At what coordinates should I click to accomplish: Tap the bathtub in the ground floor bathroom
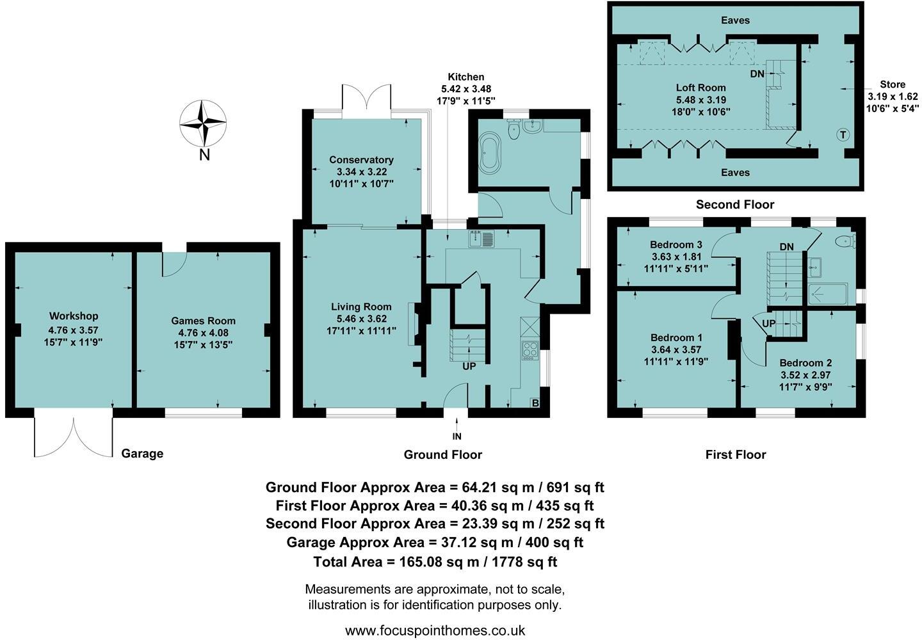[490, 154]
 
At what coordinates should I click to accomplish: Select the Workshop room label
[74, 316]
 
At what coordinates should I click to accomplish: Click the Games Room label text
[203, 321]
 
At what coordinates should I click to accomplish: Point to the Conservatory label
[361, 160]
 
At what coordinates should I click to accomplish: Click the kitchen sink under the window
[481, 239]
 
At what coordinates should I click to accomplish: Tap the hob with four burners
[531, 349]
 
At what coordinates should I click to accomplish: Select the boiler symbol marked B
[535, 403]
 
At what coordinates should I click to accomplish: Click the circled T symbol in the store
[843, 134]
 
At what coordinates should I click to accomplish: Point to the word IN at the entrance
[457, 436]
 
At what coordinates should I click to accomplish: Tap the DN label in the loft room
[757, 74]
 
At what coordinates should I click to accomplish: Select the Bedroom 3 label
[675, 244]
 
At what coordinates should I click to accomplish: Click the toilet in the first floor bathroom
[846, 241]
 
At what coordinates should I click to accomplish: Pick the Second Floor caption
[735, 205]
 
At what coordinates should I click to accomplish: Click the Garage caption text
[142, 454]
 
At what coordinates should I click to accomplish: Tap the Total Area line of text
[435, 562]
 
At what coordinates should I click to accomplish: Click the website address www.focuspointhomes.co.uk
[435, 630]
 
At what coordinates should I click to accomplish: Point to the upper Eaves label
[735, 20]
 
